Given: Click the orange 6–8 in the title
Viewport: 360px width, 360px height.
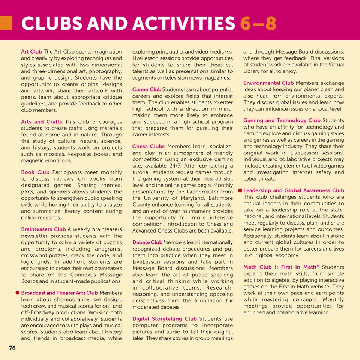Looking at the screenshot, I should pyautogui.click(x=258, y=24).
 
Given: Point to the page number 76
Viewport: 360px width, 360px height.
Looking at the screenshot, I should pyautogui.click(x=12, y=348).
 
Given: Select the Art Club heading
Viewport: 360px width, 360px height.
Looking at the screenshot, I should pyautogui.click(x=31, y=52).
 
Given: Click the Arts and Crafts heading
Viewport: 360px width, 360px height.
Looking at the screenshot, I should pyautogui.click(x=42, y=122).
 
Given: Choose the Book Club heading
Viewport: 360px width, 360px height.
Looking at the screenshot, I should pyautogui.click(x=35, y=172).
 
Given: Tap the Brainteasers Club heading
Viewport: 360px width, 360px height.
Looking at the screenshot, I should pyautogui.click(x=43, y=229).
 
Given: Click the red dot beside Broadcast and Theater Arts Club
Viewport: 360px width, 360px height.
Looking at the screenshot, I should pyautogui.click(x=17, y=292).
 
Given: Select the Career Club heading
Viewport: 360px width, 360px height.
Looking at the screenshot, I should pyautogui.click(x=147, y=90).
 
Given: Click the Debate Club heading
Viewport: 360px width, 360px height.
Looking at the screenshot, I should pyautogui.click(x=147, y=243).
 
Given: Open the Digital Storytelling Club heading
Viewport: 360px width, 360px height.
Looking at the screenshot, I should pyautogui.click(x=164, y=319).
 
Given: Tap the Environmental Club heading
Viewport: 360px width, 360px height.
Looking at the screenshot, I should pyautogui.click(x=268, y=83).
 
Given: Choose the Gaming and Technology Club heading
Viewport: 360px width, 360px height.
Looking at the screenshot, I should pyautogui.click(x=282, y=120).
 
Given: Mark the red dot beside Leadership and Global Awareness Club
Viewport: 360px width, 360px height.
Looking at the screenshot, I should pyautogui.click(x=240, y=190).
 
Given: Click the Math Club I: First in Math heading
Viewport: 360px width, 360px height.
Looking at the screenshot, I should pyautogui.click(x=281, y=267).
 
